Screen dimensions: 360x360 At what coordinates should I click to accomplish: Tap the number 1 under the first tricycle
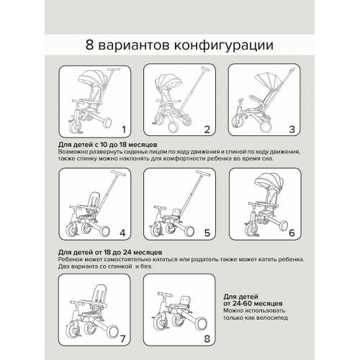(x=124, y=130)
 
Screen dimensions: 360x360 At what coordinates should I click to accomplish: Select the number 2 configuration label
(x=207, y=130)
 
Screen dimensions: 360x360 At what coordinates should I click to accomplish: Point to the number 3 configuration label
(x=292, y=130)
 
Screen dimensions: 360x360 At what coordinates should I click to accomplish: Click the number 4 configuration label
(x=123, y=233)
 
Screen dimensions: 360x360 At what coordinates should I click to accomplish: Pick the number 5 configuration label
(x=207, y=233)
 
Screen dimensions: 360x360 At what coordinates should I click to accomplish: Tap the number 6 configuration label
(x=291, y=233)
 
